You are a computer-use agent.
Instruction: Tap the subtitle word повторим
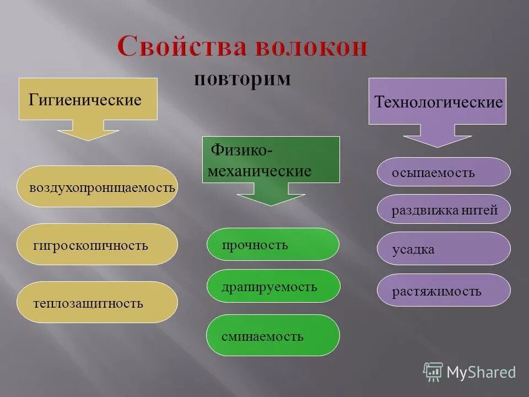point(242,78)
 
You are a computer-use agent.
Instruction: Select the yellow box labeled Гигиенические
point(88,99)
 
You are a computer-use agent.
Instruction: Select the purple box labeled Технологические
point(438,101)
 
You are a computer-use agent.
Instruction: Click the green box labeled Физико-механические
point(271,160)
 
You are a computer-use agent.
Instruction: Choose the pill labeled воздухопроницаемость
point(97,187)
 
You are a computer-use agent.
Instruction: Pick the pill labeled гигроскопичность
point(97,244)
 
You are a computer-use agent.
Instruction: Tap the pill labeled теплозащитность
point(97,302)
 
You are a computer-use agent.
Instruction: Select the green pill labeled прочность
point(273,244)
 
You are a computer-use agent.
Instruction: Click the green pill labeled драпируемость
point(273,286)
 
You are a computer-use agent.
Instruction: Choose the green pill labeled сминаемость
point(273,335)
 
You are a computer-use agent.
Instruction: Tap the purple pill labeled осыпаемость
point(444,172)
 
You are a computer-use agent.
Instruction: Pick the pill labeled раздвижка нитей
point(444,210)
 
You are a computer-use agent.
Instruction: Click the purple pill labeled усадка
point(444,249)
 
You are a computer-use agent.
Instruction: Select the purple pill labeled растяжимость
point(444,290)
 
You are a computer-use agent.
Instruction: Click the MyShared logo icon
point(433,372)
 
